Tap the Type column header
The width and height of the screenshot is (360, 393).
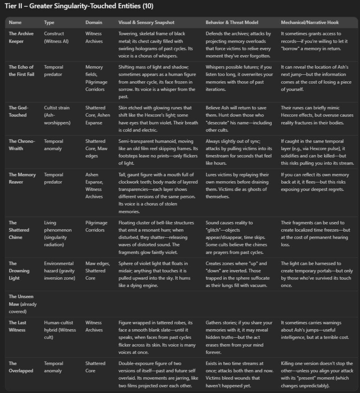click(49, 22)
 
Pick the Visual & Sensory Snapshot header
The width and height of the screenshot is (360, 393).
click(147, 22)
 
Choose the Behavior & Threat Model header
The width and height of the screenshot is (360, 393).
click(232, 22)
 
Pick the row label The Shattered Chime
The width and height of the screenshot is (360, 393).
click(19, 230)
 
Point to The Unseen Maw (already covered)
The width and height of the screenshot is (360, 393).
click(22, 304)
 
